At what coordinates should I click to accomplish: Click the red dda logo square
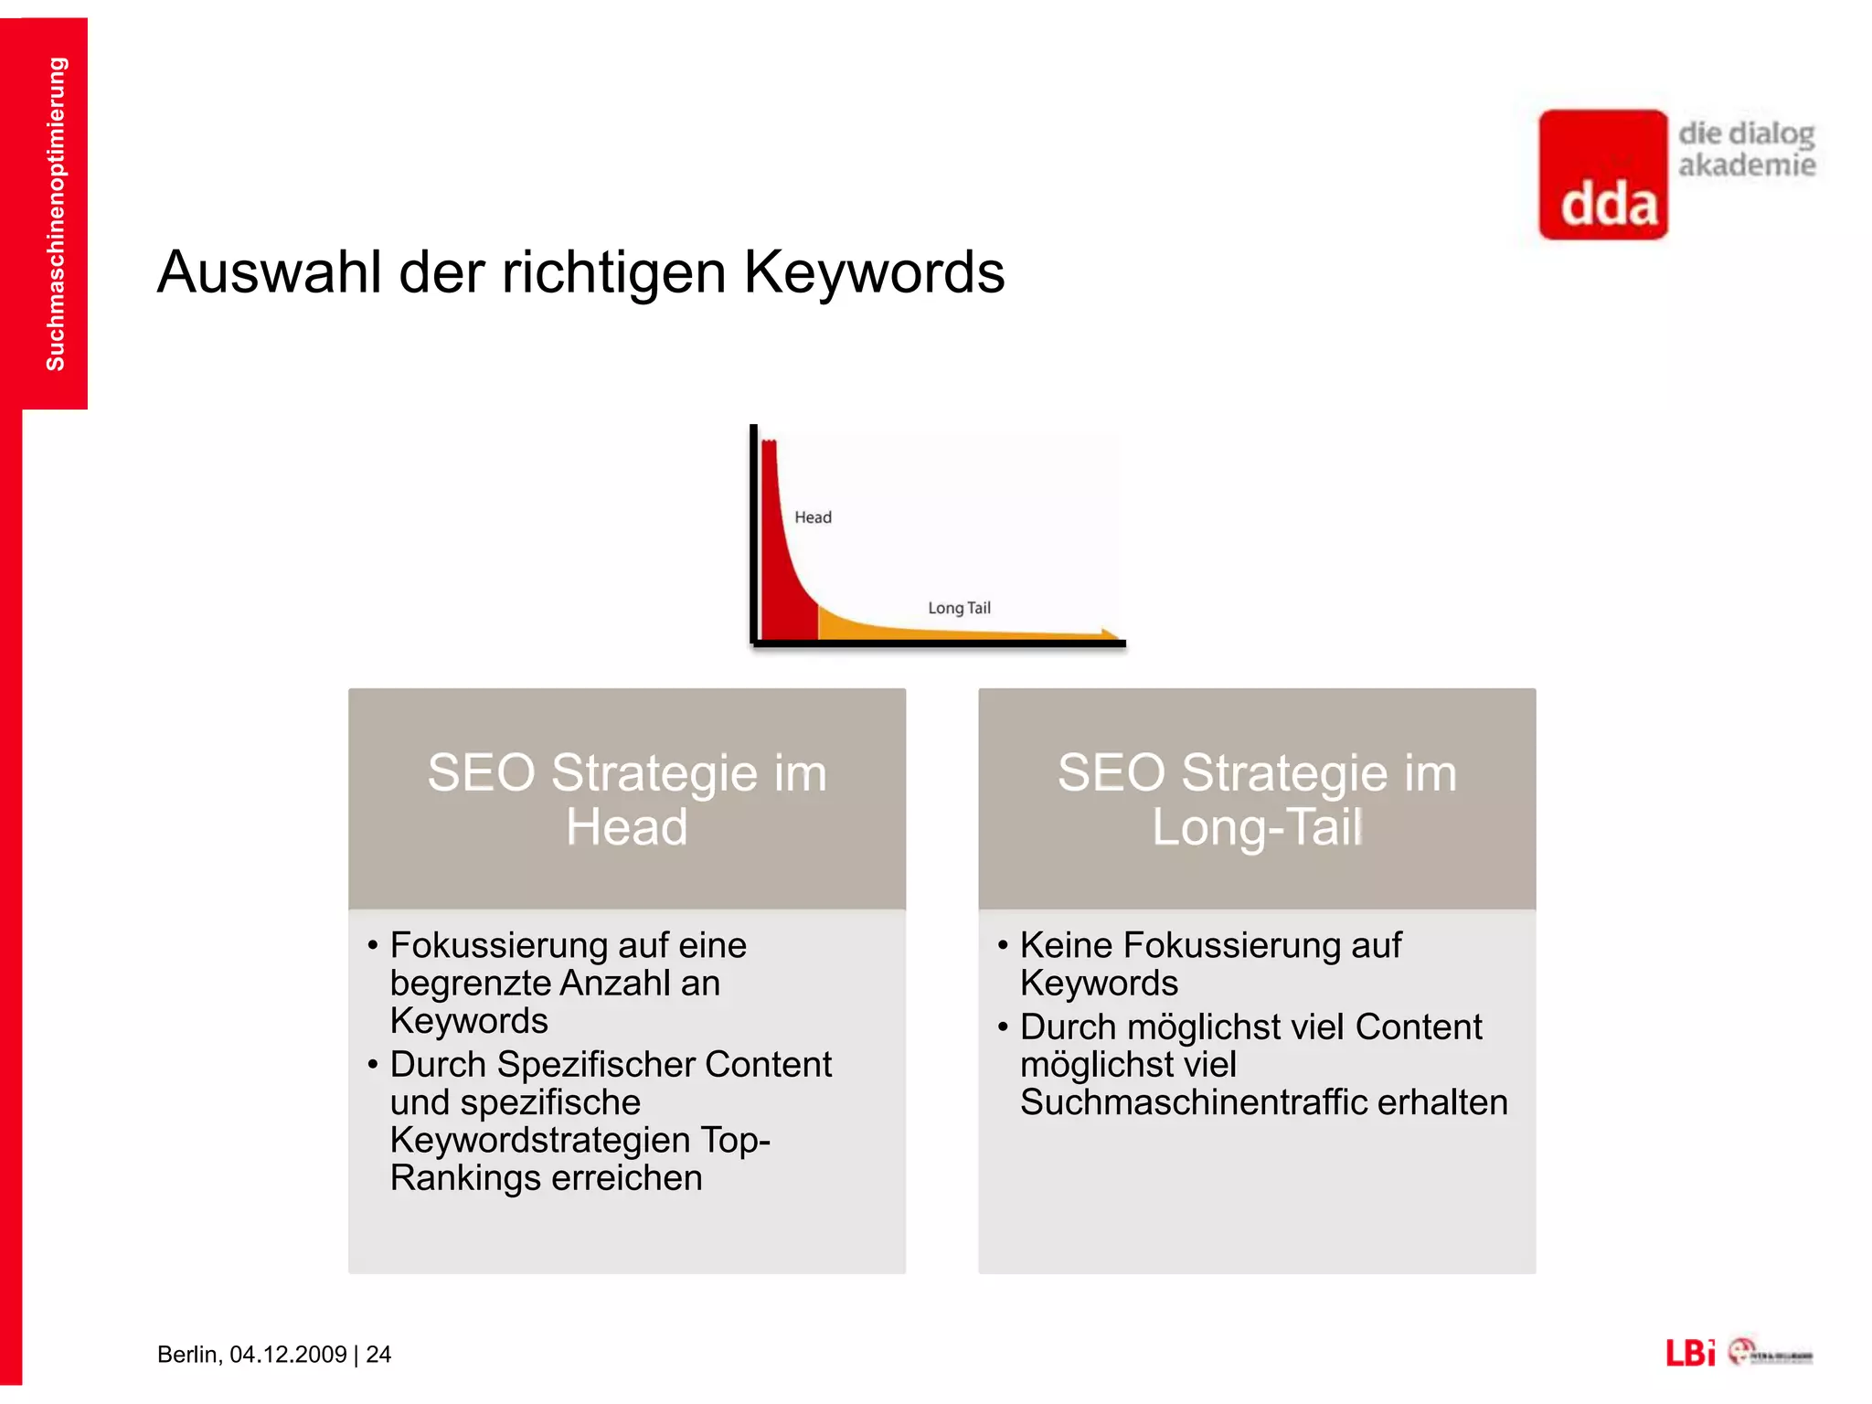(1602, 175)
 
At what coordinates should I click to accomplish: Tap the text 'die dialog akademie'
(1746, 149)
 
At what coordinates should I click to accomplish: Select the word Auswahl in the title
(269, 272)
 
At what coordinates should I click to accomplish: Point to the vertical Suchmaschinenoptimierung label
(56, 214)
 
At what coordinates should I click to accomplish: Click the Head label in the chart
(813, 517)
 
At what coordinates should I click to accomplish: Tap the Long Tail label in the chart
(959, 608)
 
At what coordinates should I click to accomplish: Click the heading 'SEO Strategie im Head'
(627, 799)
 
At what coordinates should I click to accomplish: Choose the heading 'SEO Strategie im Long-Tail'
(1257, 799)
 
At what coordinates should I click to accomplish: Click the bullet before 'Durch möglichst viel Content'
(1003, 1027)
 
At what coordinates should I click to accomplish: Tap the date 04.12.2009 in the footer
(288, 1354)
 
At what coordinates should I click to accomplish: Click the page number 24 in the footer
(378, 1354)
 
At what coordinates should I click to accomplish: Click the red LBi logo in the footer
(1689, 1353)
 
